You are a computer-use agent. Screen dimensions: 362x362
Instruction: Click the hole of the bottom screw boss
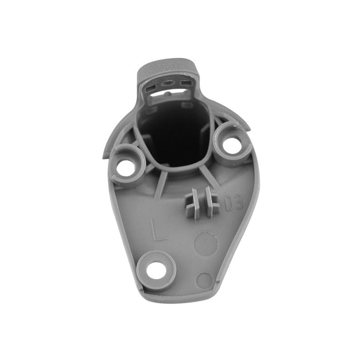click(x=157, y=270)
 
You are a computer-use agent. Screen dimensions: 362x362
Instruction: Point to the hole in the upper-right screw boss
click(x=232, y=145)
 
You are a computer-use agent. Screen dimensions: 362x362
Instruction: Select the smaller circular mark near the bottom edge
click(x=205, y=281)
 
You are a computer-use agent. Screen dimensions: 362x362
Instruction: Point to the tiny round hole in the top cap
click(x=168, y=83)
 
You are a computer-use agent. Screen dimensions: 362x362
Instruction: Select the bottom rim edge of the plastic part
click(x=181, y=299)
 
